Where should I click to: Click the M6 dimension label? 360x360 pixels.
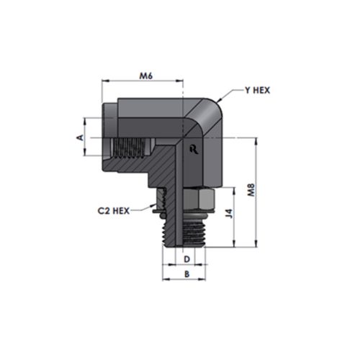(146, 76)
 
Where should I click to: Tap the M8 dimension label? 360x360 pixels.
(251, 190)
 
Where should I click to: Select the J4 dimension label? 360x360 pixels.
(230, 213)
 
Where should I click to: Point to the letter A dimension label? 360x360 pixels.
(80, 138)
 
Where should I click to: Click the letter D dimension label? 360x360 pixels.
(186, 259)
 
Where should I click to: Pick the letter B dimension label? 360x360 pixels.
(186, 274)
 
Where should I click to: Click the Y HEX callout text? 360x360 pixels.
(257, 91)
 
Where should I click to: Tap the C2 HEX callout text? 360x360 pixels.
(114, 211)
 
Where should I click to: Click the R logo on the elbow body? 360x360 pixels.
(194, 149)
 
